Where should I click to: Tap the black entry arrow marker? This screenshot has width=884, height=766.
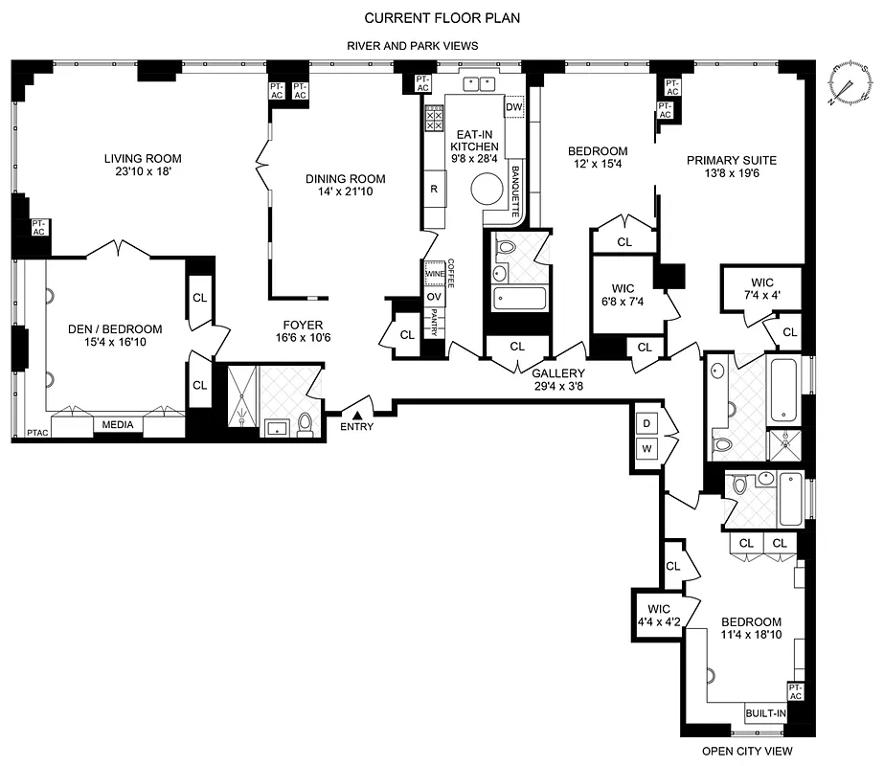point(357,415)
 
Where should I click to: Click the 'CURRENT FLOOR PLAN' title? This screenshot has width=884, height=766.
point(442,17)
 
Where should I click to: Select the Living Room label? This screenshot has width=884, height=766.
point(143,159)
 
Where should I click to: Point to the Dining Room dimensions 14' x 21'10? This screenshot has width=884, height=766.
point(346,192)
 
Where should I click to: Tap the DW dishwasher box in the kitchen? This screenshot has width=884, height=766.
point(513,107)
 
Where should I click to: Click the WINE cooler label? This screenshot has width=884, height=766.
point(434,274)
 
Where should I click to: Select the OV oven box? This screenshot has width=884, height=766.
point(434,297)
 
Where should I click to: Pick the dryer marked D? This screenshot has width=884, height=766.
point(646,423)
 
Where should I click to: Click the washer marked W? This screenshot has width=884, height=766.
point(646,449)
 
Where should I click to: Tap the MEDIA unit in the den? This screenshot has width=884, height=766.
point(118,425)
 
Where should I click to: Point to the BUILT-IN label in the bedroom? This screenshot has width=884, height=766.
point(766,713)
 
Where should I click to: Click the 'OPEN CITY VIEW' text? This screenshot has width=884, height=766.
point(748,752)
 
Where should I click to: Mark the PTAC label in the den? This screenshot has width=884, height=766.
point(37,433)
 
